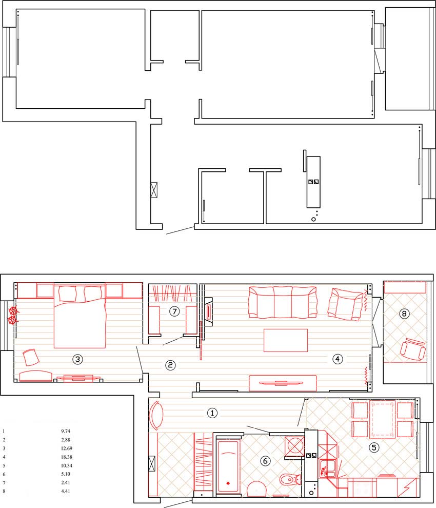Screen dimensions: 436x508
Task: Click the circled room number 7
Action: click(174, 311)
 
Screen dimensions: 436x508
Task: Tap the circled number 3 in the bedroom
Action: click(77, 359)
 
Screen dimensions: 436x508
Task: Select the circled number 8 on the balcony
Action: click(404, 314)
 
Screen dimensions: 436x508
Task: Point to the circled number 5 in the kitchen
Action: click(374, 448)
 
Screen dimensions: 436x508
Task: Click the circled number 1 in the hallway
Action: click(212, 413)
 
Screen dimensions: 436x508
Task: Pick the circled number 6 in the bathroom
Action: click(265, 461)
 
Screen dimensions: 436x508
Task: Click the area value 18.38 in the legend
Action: click(66, 457)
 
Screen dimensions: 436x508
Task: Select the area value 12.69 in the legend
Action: click(66, 448)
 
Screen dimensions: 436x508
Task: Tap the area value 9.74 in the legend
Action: click(66, 431)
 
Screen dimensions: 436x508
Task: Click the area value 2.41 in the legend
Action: click(66, 482)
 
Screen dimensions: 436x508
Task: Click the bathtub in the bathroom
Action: click(228, 467)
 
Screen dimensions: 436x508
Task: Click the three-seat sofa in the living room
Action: click(283, 302)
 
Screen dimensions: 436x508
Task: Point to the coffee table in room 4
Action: click(285, 340)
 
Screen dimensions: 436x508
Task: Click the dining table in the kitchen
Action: click(383, 420)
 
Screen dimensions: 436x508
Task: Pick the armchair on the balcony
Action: click(413, 349)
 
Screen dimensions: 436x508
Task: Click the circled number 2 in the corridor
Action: click(170, 365)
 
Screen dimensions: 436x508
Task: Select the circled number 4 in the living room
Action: click(338, 359)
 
